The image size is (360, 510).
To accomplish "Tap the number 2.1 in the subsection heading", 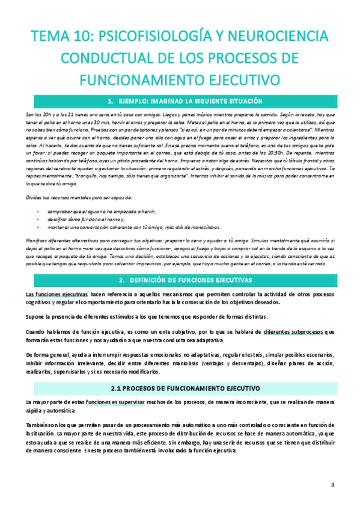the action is (117, 372).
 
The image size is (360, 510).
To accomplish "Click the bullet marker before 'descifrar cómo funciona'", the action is (38, 220).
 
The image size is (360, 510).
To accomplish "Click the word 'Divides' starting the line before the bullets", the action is (35, 197).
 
